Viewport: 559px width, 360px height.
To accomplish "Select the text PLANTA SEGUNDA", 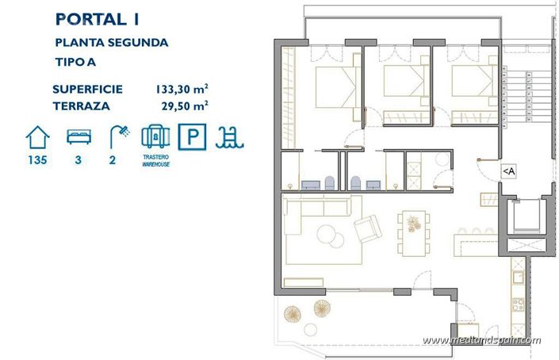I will (111, 43).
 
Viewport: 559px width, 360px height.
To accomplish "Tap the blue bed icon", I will (78, 137).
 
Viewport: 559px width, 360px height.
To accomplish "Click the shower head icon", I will (118, 136).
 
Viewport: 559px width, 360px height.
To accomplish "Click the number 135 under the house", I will (37, 160).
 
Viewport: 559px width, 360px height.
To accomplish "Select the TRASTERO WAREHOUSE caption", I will (156, 161).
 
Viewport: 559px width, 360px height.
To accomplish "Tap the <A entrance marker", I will (508, 170).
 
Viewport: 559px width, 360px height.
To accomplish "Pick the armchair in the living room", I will (367, 229).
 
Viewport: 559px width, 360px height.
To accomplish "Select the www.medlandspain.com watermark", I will (481, 341).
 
